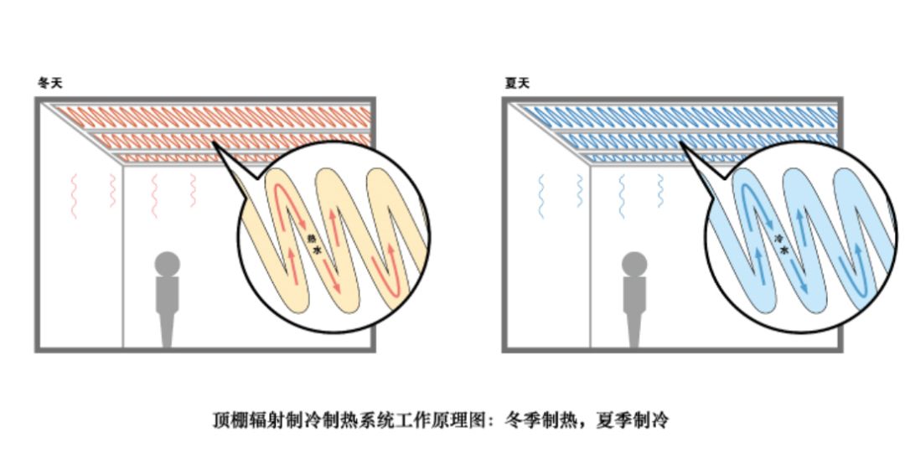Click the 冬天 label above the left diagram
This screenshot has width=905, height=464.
[49, 83]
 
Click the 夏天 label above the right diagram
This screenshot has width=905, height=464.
[517, 83]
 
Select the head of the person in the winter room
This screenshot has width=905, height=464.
[168, 264]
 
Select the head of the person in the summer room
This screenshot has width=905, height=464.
[634, 264]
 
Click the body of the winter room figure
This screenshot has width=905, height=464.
[168, 306]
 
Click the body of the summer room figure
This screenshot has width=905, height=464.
[634, 306]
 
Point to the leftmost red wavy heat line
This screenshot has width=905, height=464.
[74, 195]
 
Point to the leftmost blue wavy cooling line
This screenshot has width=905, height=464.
[541, 195]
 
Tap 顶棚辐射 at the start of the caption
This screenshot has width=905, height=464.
[243, 420]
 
